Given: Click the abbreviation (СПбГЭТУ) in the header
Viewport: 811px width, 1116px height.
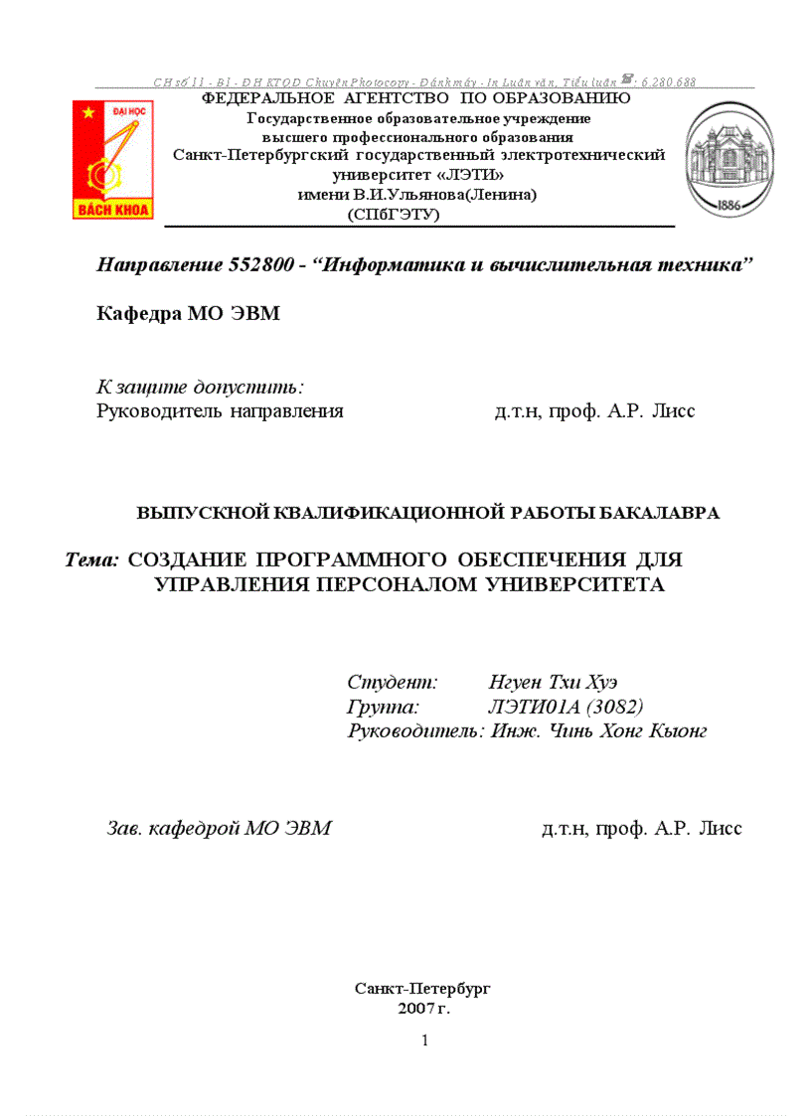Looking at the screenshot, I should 393,214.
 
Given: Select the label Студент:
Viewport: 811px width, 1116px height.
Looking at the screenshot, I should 393,683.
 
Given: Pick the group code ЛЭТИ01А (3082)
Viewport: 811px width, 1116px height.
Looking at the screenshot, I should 566,708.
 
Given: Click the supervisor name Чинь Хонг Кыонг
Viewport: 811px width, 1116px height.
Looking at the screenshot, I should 616,732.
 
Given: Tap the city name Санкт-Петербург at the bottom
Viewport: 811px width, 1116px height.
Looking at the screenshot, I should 422,989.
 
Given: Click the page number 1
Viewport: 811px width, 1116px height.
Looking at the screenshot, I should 424,1040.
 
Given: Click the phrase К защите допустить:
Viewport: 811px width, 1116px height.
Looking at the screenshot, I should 200,386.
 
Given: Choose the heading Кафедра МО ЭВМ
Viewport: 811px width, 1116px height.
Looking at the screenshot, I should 188,315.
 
